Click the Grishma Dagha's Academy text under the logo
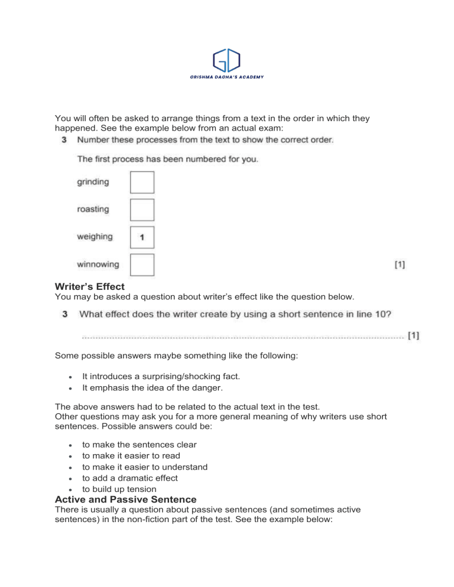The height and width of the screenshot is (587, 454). [227, 77]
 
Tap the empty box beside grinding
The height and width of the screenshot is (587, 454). [142, 182]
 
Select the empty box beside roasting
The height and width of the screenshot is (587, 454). [142, 210]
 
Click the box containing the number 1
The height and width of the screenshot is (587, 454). [142, 237]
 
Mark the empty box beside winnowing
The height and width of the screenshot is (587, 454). [142, 265]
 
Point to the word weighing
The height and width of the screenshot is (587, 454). [95, 236]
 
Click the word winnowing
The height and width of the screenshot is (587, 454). [98, 264]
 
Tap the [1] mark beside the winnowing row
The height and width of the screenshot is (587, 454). [400, 265]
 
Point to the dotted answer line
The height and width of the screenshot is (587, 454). [242, 338]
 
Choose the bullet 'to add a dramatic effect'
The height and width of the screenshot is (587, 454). [129, 478]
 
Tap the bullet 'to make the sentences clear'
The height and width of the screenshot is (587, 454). [140, 444]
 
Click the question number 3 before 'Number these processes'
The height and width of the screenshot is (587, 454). [64, 140]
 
